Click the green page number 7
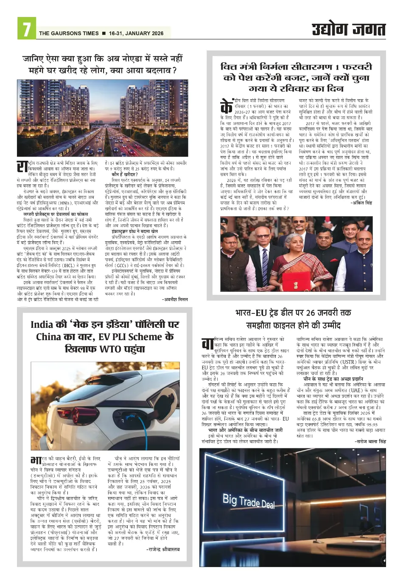(x=26, y=29)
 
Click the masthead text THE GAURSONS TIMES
(x=69, y=34)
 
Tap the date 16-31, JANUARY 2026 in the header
(x=136, y=34)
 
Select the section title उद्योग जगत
(x=348, y=29)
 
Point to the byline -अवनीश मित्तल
(x=175, y=299)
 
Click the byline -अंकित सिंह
(x=361, y=203)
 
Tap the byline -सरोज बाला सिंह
(x=370, y=441)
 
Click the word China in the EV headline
(x=49, y=337)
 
